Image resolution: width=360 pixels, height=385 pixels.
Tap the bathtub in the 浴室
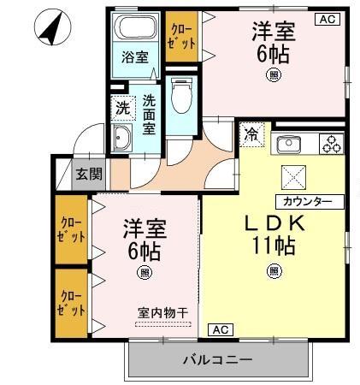134,29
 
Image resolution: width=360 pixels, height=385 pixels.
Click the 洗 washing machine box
122,108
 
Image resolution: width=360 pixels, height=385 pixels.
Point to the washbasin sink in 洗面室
122,140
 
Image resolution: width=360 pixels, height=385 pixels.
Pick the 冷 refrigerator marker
252,133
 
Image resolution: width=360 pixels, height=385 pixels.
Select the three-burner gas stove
331,144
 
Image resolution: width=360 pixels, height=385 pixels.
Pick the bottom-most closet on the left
72,302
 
